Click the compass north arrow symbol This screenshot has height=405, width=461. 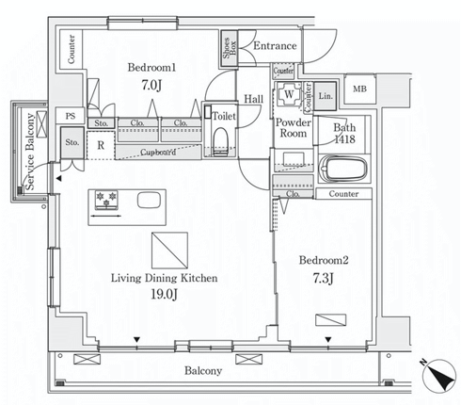pos(439,376)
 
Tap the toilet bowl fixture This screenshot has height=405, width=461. pos(221,141)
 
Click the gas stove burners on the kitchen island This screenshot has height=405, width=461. pos(106,200)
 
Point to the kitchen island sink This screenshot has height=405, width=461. pos(149,200)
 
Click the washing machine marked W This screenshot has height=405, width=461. pos(289,94)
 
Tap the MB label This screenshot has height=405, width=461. pos(359,89)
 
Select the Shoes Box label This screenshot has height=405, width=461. pos(230,48)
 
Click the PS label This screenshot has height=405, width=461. pos(71,116)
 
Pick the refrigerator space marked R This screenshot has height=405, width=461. pos(101,145)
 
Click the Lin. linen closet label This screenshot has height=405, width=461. pos(326,96)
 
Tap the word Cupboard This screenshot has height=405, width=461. pos(158,153)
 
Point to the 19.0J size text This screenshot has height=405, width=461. pos(165,295)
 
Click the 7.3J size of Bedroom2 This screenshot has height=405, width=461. pos(324,278)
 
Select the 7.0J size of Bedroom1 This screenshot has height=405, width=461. pos(151,85)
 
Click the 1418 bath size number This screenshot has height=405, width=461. pos(344,138)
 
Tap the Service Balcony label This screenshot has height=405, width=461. pos(30,152)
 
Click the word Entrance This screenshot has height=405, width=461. pos(275,46)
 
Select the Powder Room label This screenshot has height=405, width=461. pos(294,128)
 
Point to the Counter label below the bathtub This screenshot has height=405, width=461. pos(343,194)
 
